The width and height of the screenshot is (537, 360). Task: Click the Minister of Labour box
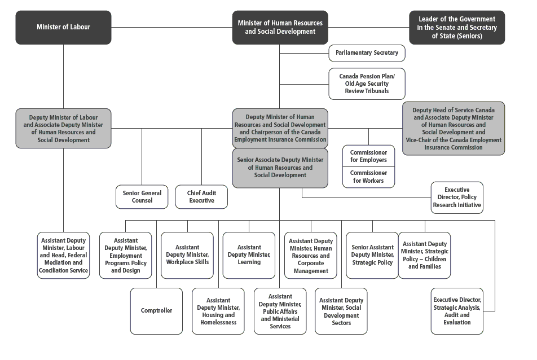click(x=63, y=28)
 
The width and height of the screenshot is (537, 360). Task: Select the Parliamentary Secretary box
click(x=367, y=53)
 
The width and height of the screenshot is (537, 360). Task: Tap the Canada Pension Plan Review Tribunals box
click(x=367, y=84)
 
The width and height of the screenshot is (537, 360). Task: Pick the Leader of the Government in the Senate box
click(x=457, y=28)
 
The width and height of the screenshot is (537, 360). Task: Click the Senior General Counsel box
click(x=142, y=197)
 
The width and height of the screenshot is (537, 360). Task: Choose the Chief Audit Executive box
click(x=201, y=197)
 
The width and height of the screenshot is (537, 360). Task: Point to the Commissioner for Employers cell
click(x=368, y=156)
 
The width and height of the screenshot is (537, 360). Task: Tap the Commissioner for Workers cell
click(x=368, y=177)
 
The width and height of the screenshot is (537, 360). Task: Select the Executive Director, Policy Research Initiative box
click(x=457, y=197)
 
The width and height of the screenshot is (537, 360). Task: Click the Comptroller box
click(x=156, y=311)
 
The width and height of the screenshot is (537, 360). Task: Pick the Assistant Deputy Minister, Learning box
click(x=249, y=255)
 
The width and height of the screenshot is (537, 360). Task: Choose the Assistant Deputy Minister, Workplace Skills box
click(x=187, y=255)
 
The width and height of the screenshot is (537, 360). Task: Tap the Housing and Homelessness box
click(x=218, y=311)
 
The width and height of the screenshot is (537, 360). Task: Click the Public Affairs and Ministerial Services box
click(x=280, y=311)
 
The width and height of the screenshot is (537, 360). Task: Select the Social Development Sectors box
click(x=341, y=311)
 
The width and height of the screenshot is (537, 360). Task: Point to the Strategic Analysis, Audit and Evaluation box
click(x=457, y=311)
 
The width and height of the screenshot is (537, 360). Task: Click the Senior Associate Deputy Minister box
click(x=280, y=168)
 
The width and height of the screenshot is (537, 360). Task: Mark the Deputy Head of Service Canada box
click(x=454, y=129)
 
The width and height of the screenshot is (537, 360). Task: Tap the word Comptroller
click(x=156, y=311)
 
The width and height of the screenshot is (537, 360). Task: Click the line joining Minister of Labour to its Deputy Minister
click(x=63, y=77)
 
